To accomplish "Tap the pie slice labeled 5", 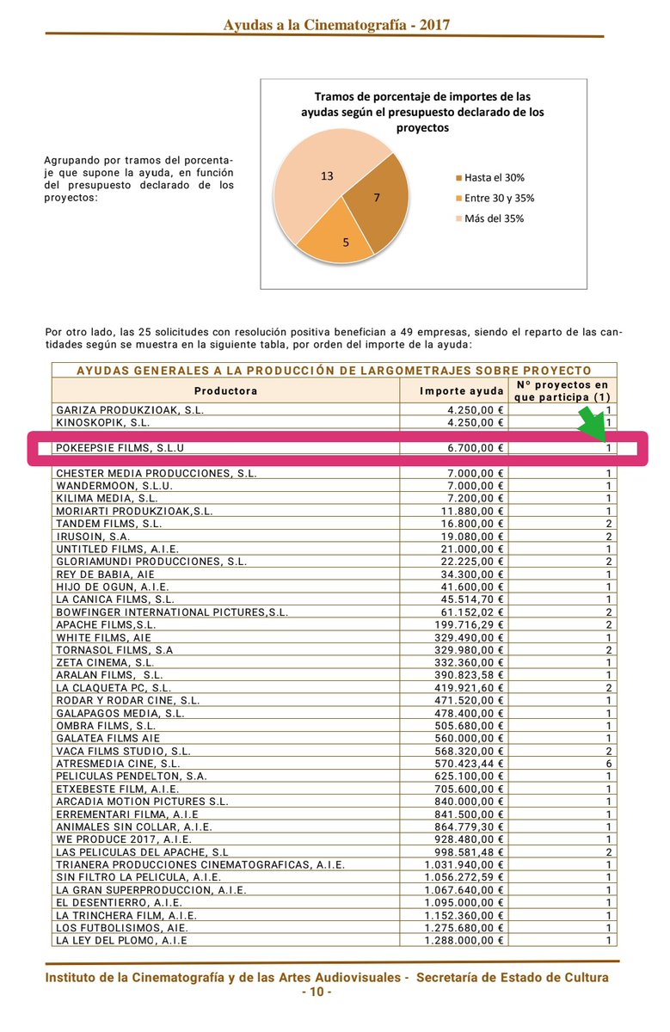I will [340, 236].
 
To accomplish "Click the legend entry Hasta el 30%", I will [494, 178].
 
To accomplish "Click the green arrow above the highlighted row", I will [594, 425].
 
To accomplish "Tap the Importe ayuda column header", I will [455, 391].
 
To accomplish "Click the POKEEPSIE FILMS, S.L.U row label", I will [120, 448].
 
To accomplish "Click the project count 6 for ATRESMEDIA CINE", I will [608, 763].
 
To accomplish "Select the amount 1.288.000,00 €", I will [465, 940].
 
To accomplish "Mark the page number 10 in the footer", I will [316, 992].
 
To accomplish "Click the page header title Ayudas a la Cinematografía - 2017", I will [336, 25].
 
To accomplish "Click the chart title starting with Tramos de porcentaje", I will [421, 112].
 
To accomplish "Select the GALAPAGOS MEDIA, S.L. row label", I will [120, 713].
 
